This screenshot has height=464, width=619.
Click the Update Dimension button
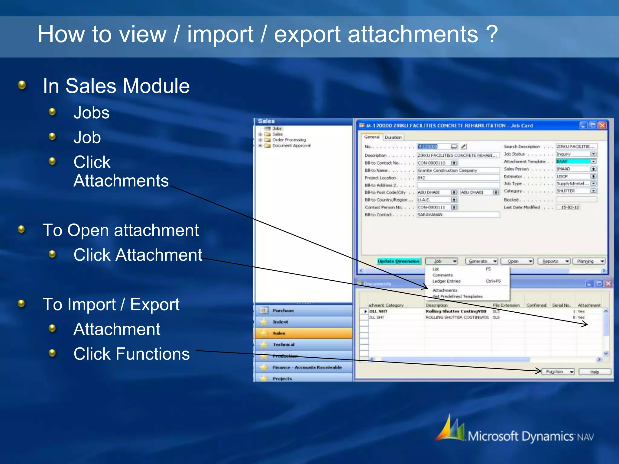pos(398,261)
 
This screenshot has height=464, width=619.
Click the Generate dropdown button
pos(481,261)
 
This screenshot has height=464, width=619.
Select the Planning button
pos(588,261)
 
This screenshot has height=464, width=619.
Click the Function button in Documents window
pos(558,372)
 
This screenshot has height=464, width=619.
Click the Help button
pos(595,372)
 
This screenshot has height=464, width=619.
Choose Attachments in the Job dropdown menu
pos(445,290)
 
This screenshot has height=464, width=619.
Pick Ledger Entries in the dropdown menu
pos(446,281)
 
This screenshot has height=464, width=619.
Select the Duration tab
pos(393,137)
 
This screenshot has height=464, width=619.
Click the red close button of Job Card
pos(602,125)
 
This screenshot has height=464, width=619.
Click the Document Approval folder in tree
pos(291,146)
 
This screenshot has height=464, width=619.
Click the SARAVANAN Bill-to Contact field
pos(458,214)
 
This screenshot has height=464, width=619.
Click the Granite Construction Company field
pos(458,170)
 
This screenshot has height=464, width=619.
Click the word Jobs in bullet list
pos(91,113)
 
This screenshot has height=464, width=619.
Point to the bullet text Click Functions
pos(131,354)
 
